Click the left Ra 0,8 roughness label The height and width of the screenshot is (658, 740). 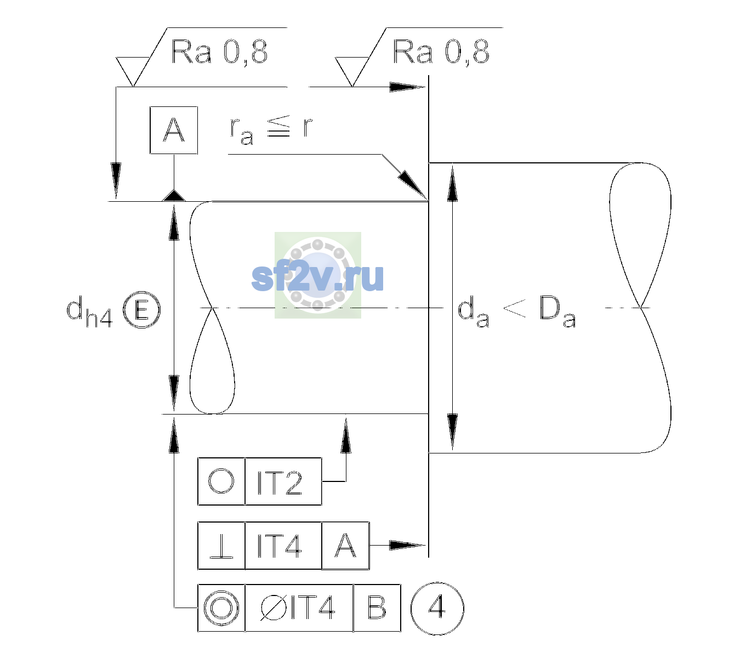[x=219, y=52]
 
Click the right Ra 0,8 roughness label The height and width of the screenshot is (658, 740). [x=441, y=52]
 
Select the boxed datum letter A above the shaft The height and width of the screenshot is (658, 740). [x=174, y=131]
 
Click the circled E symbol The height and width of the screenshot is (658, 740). [x=141, y=310]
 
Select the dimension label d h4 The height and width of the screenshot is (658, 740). [x=89, y=311]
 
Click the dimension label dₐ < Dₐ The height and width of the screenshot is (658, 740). [x=517, y=311]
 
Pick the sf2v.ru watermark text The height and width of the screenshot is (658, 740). [x=317, y=277]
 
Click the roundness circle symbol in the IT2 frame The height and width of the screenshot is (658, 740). [x=221, y=481]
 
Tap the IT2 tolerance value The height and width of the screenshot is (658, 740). [x=280, y=483]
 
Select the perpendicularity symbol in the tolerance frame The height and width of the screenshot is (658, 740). [x=221, y=546]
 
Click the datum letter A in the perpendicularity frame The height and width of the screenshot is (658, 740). [x=345, y=546]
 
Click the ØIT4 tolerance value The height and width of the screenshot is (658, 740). [x=298, y=608]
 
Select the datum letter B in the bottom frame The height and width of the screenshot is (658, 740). [x=377, y=608]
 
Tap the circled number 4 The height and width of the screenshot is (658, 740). [x=437, y=608]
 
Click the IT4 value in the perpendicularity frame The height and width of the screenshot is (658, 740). [x=280, y=546]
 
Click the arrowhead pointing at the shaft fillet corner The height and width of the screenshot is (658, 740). [x=413, y=185]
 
